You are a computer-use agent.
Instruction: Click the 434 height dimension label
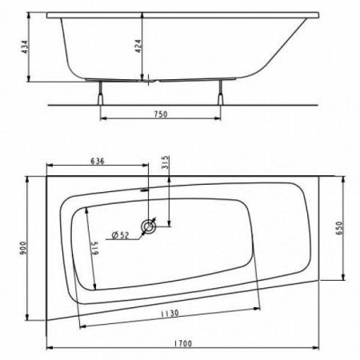click(25, 47)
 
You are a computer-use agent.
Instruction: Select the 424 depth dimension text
click(138, 46)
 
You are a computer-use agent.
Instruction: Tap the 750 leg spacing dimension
click(161, 114)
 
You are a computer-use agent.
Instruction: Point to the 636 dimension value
click(98, 161)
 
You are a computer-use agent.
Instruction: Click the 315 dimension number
click(166, 162)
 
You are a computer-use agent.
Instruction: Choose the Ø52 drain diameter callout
click(120, 235)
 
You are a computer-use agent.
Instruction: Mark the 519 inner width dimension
click(95, 248)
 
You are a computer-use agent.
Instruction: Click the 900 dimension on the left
click(23, 248)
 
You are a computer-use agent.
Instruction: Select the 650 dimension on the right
click(338, 228)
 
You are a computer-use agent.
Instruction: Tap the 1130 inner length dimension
click(170, 313)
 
